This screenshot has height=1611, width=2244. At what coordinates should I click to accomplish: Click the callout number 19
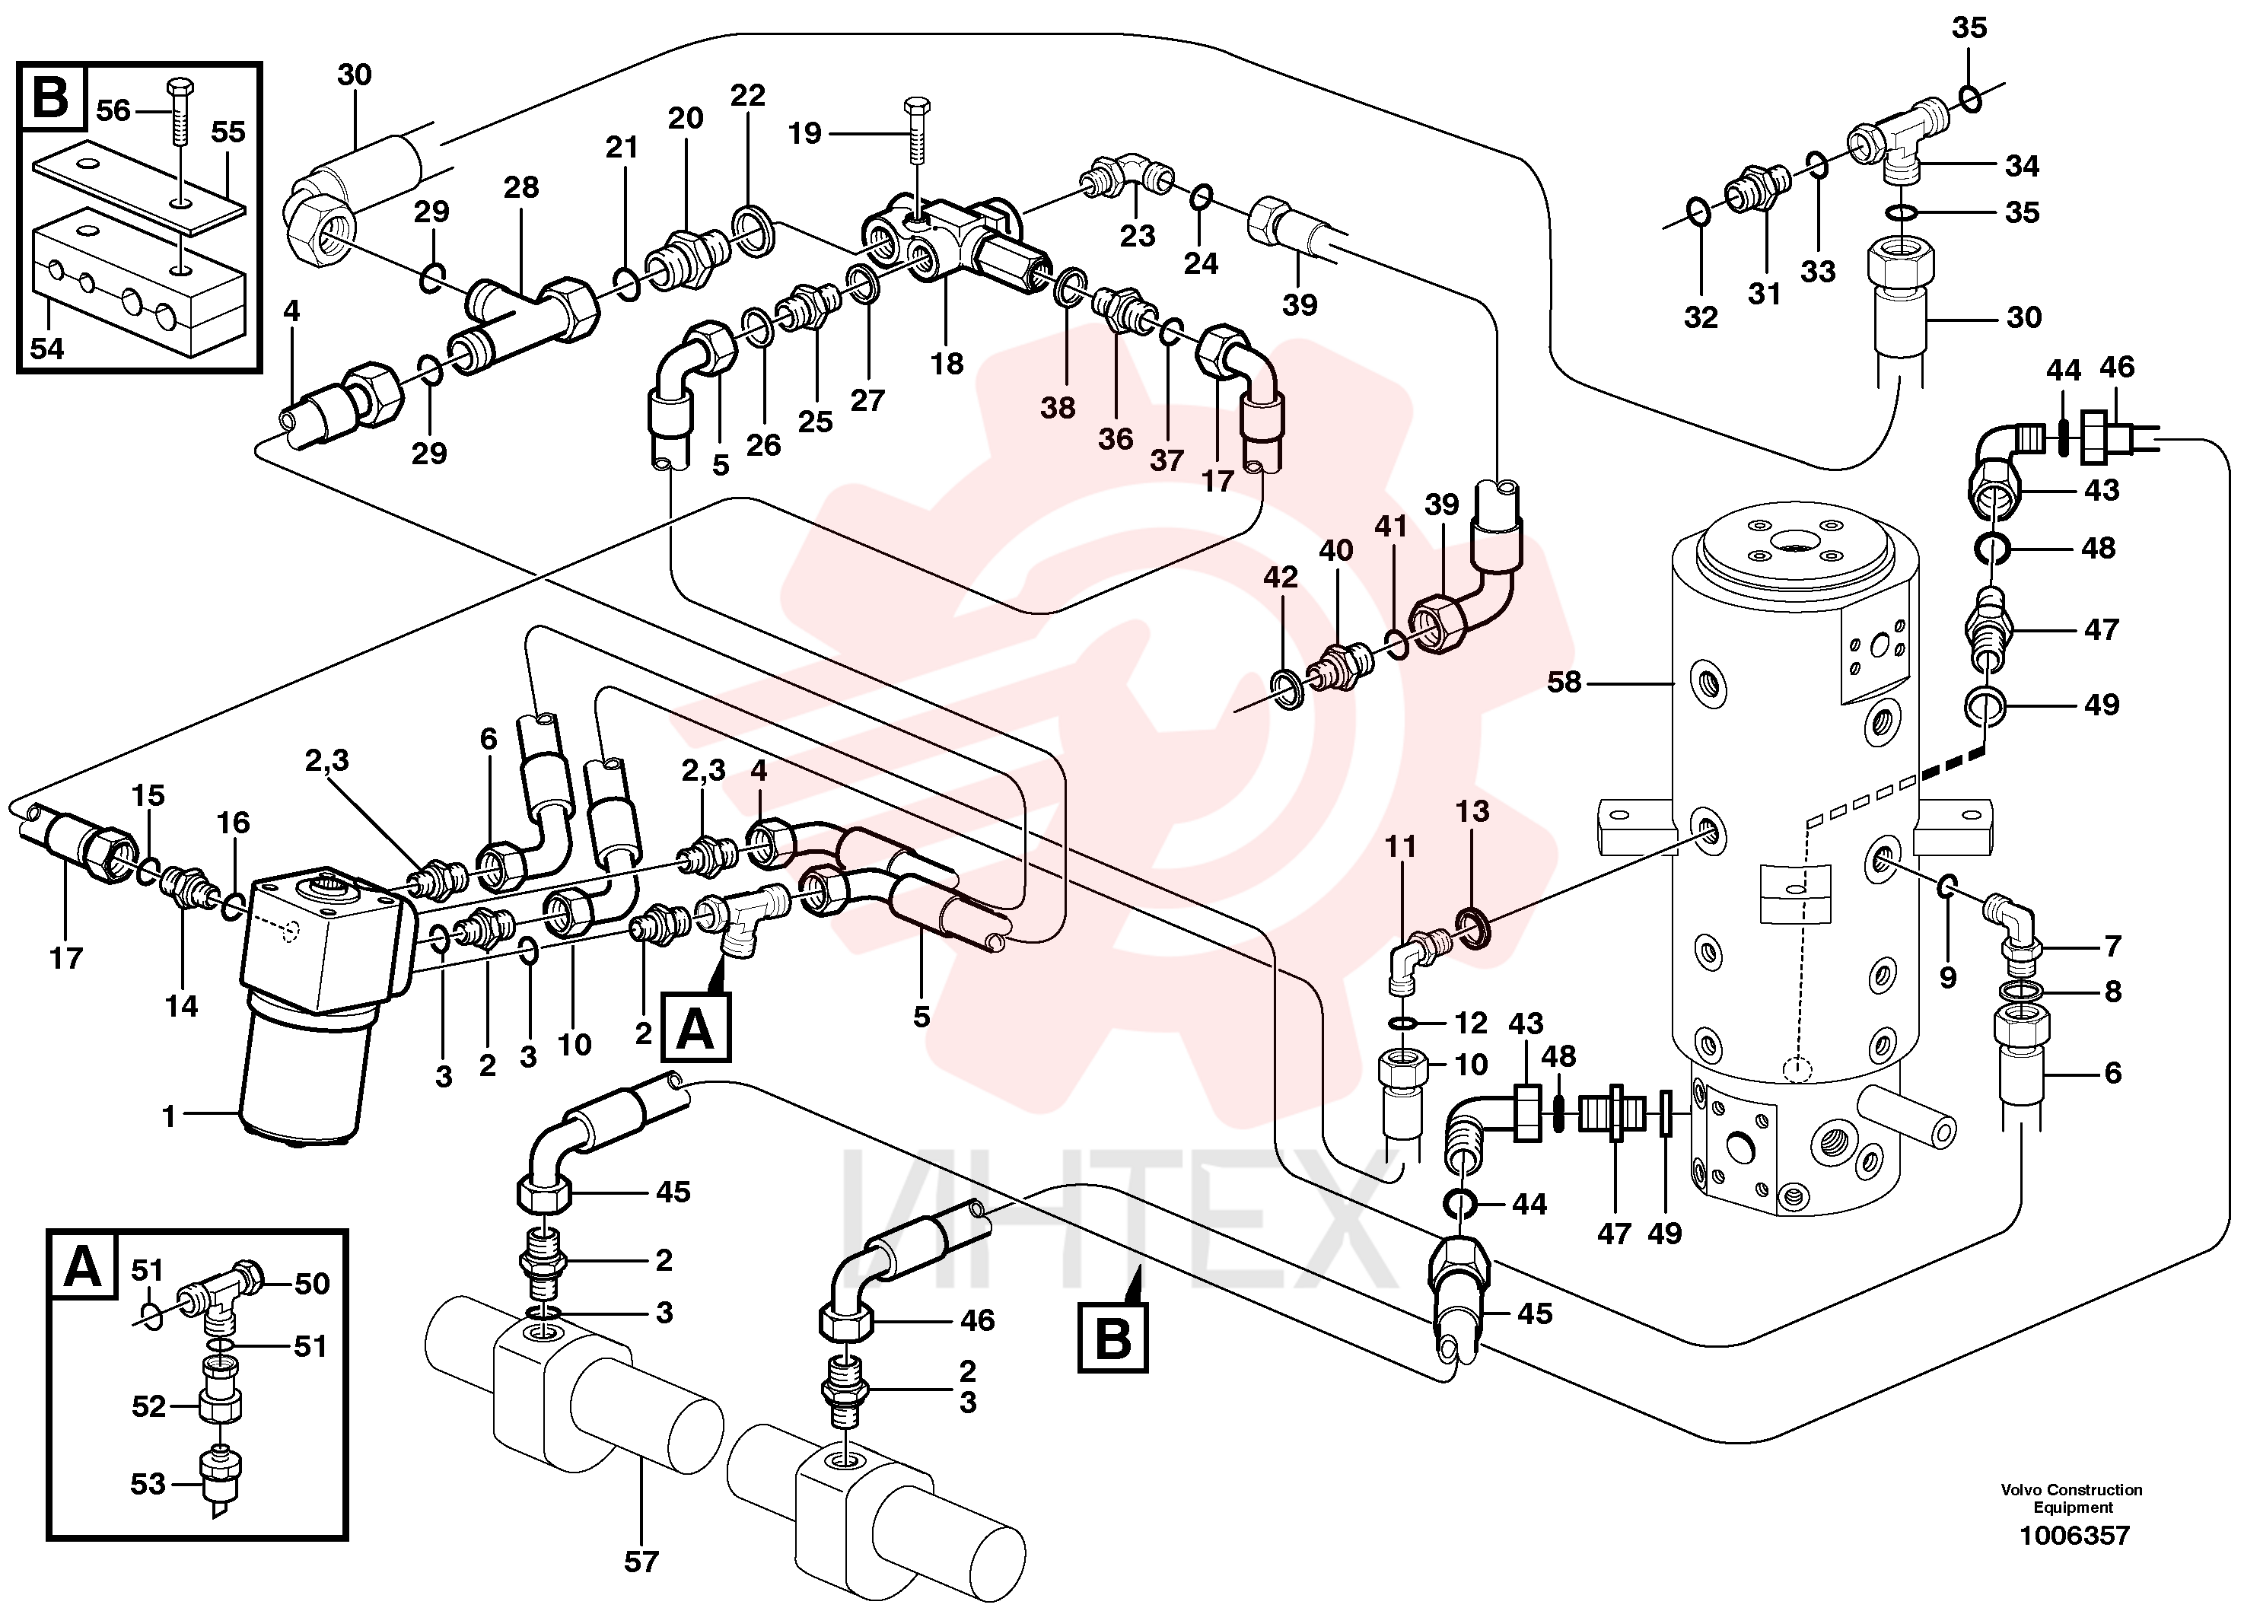pos(804,132)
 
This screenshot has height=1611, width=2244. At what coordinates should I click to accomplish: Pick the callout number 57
pos(641,1562)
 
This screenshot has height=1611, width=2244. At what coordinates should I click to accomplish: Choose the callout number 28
pos(521,187)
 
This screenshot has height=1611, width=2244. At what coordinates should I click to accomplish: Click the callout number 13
pos(1472,810)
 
